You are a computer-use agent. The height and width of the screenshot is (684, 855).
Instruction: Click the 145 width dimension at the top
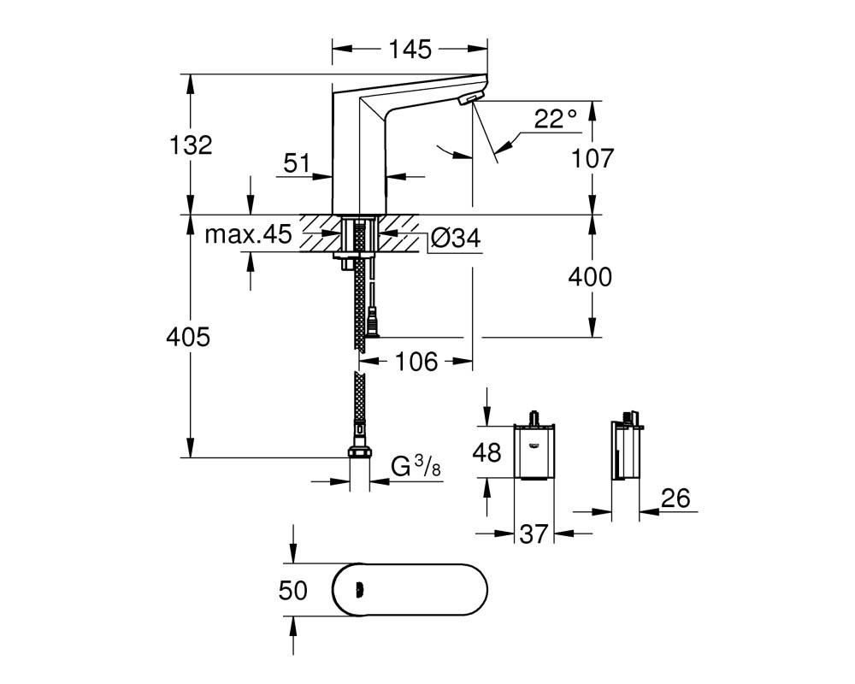(410, 50)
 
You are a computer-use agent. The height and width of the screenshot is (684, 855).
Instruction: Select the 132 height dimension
(191, 145)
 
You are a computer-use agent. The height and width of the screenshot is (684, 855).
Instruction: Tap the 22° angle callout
(555, 118)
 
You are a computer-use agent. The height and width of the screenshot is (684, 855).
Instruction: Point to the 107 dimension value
(593, 158)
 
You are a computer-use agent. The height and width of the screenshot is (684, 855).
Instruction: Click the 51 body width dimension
(297, 163)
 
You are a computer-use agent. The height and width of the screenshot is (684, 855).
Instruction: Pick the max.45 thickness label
(249, 234)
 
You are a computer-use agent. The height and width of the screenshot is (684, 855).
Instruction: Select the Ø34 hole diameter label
(456, 238)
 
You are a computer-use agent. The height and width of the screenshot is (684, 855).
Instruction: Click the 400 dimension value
(590, 277)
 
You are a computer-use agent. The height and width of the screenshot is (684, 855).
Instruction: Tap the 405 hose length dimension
(188, 337)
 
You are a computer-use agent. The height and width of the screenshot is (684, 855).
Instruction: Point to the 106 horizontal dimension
(416, 362)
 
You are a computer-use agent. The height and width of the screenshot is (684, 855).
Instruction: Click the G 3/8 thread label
(416, 466)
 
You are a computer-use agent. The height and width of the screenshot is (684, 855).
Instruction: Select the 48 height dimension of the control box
(486, 453)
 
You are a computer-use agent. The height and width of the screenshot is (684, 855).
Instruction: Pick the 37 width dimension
(534, 534)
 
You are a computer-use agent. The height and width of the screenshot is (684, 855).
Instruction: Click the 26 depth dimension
(675, 498)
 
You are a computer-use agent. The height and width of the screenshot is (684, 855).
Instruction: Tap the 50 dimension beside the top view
(293, 591)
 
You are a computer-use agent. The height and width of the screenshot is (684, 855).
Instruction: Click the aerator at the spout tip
(471, 98)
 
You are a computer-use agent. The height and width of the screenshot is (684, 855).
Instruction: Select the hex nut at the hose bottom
(359, 452)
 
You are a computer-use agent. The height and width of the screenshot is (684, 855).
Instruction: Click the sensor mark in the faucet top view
(359, 590)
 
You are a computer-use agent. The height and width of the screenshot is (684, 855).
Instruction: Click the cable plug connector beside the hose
(374, 323)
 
